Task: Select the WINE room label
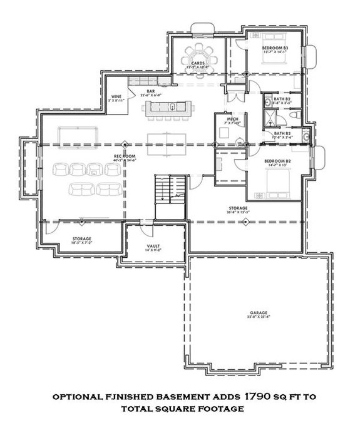click(x=116, y=96)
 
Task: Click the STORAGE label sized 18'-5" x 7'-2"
click(x=82, y=238)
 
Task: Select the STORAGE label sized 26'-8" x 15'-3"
click(x=238, y=208)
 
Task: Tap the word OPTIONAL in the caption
click(x=77, y=397)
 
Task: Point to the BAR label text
click(x=151, y=91)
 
